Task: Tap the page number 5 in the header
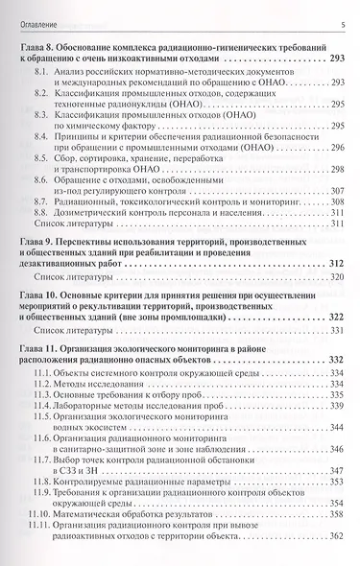click(343, 24)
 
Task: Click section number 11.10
click(41, 526)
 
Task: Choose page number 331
click(336, 333)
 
